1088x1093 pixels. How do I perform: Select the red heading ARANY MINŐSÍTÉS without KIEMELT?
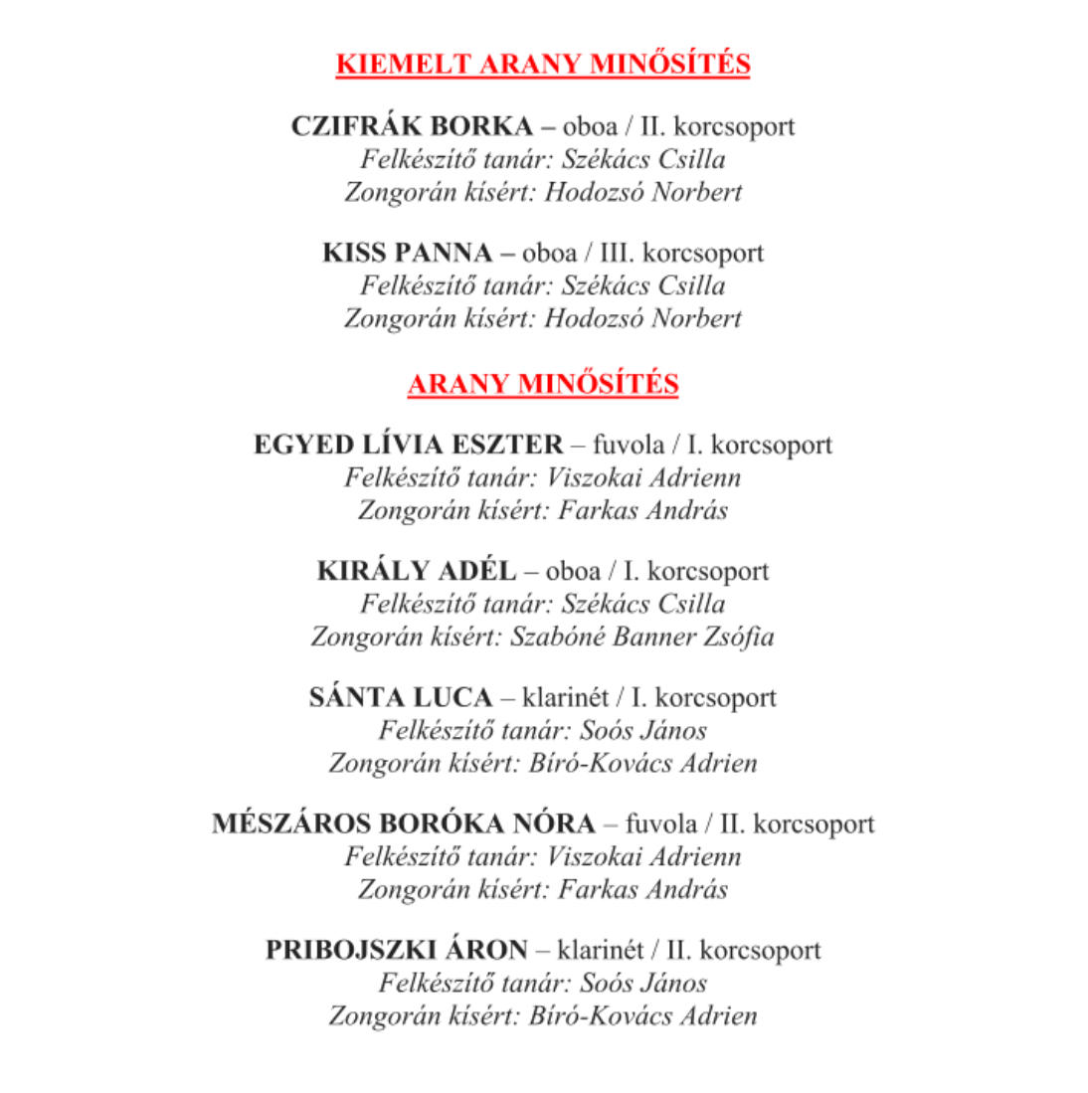tap(543, 384)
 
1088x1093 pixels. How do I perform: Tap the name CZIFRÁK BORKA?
tap(412, 126)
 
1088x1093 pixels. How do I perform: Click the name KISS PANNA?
tap(407, 253)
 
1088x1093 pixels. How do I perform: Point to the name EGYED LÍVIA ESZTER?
tap(408, 445)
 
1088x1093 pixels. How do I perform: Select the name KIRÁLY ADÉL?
tap(417, 571)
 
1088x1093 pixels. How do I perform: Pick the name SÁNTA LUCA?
tap(401, 697)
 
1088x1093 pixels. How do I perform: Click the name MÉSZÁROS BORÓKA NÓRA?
tap(404, 823)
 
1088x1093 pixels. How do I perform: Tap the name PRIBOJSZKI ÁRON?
tap(396, 950)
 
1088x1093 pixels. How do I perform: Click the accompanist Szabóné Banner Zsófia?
tap(642, 637)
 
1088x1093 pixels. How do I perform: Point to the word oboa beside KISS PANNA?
tap(549, 253)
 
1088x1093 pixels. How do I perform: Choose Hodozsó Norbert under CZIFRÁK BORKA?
tap(643, 192)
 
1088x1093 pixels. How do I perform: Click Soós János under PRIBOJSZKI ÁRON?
tap(643, 983)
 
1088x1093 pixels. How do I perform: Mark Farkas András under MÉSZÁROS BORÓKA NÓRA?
tap(642, 889)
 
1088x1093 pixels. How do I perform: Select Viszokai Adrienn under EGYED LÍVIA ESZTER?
tap(643, 477)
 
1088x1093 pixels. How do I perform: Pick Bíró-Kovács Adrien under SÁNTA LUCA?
tap(642, 763)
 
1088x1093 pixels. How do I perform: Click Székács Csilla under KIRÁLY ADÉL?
tap(643, 604)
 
